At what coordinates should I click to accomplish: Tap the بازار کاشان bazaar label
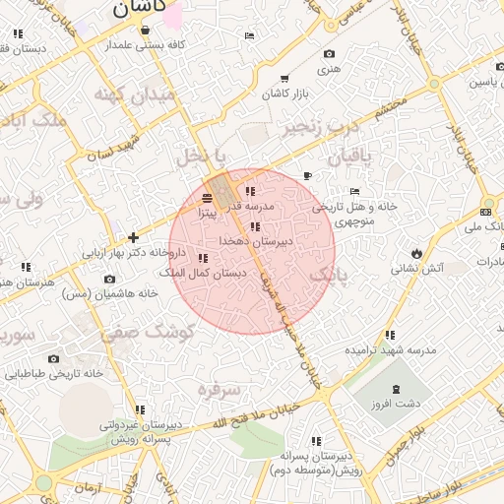[284, 94]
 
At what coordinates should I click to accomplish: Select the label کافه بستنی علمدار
[149, 45]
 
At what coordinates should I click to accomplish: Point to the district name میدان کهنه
[135, 95]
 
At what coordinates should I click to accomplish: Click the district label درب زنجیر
[317, 128]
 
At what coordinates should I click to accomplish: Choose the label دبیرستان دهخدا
[254, 241]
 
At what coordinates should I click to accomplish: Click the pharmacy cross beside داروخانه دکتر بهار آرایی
[134, 237]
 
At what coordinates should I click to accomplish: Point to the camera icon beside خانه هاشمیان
[109, 279]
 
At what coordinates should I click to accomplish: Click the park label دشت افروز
[399, 404]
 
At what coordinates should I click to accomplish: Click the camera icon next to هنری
[328, 53]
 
